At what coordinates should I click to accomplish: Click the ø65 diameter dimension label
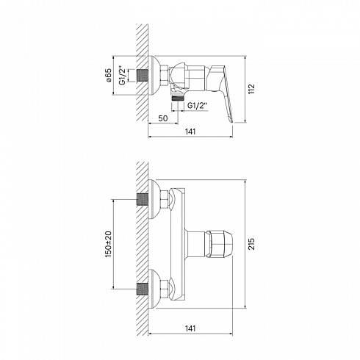(x=109, y=75)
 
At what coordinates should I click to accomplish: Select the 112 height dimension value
(x=251, y=89)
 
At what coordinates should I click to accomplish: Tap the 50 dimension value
(x=163, y=118)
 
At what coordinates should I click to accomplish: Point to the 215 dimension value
(x=251, y=244)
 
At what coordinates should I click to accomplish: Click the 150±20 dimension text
(x=108, y=244)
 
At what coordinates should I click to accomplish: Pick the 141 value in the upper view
(x=190, y=132)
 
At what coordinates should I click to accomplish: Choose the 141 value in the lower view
(x=190, y=328)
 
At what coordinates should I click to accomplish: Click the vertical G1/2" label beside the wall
(x=122, y=75)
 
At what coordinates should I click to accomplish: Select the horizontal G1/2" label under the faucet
(x=198, y=106)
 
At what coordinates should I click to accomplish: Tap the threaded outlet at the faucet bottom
(x=177, y=98)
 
